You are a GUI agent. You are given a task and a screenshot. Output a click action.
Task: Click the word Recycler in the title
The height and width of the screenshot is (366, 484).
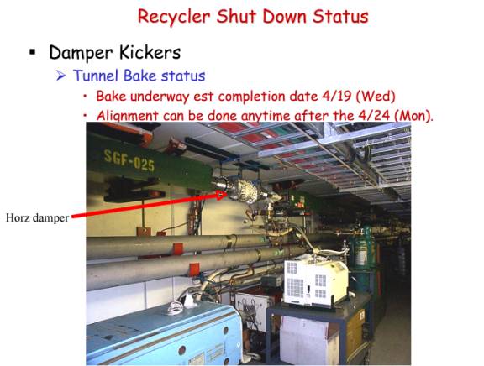(174, 17)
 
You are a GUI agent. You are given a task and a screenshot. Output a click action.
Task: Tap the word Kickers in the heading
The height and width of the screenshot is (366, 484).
(150, 52)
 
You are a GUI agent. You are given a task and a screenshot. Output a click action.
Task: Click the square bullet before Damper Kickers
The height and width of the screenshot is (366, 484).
(33, 51)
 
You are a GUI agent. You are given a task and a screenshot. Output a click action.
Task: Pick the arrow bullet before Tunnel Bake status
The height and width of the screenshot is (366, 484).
(60, 76)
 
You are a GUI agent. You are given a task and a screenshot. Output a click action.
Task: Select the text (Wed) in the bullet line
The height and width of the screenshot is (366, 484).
(376, 97)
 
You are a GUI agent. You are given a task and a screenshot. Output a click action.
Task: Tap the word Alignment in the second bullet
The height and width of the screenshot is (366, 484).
(127, 116)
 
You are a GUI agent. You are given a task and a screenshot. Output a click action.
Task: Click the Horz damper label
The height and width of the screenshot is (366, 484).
(37, 217)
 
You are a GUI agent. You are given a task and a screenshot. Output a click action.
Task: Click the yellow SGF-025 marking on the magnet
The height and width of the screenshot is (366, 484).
(129, 160)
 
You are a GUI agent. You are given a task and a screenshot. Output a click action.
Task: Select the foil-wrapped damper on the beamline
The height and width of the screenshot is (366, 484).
(246, 191)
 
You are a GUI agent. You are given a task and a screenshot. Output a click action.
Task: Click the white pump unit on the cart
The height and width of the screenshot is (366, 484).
(315, 282)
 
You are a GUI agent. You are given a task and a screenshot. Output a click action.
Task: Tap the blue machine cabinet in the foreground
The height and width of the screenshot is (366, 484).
(164, 335)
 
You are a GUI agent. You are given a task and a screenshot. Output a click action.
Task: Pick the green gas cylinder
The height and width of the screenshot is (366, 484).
(363, 251)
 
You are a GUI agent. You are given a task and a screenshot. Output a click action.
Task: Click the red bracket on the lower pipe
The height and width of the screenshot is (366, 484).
(194, 269)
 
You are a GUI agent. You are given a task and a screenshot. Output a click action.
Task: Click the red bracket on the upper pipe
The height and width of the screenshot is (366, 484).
(178, 248)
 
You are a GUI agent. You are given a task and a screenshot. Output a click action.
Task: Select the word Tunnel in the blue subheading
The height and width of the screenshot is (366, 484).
(96, 76)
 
